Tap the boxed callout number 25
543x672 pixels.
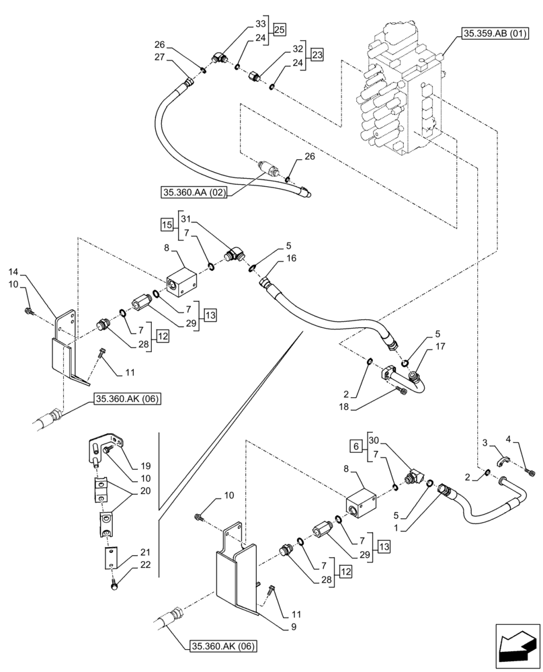point(279,30)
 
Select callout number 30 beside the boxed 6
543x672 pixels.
point(375,439)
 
